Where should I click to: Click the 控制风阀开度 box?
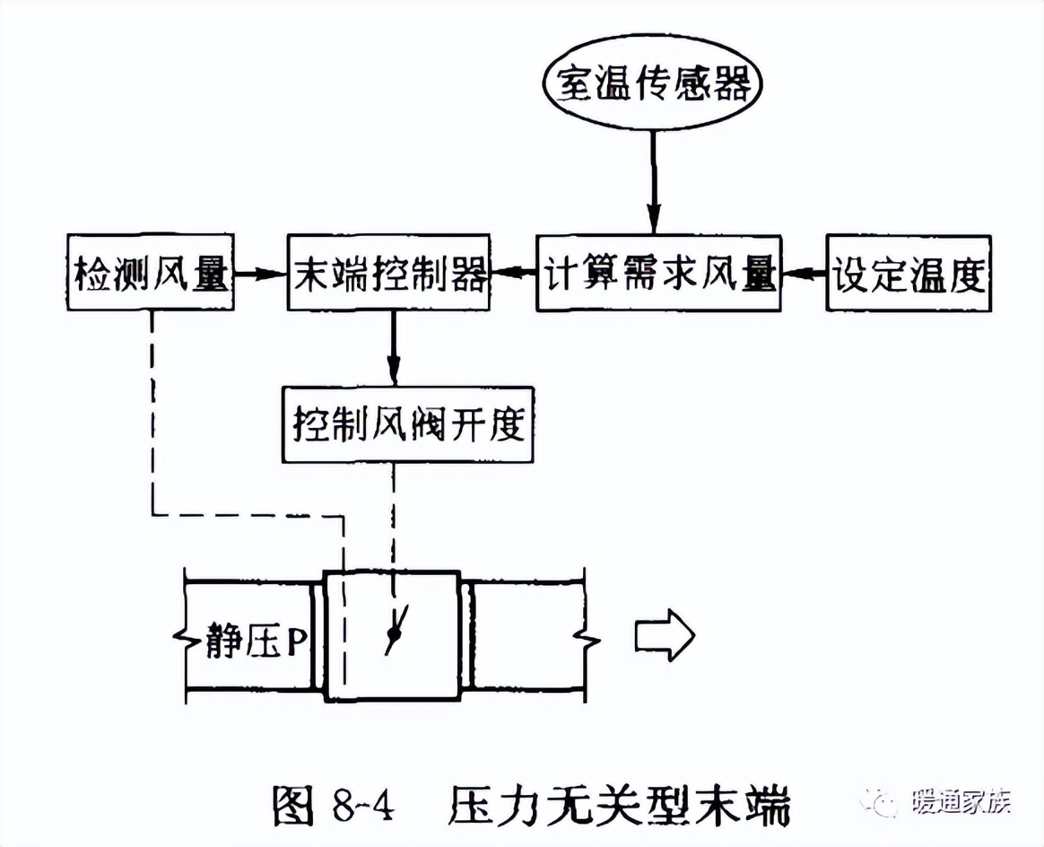407,424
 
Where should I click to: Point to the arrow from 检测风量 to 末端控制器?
260,274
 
